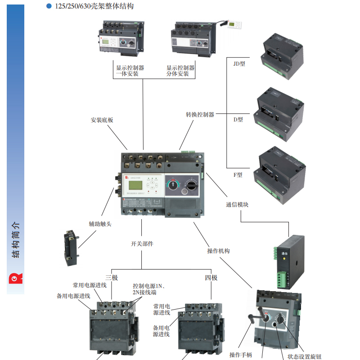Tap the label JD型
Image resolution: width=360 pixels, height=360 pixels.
[239, 63]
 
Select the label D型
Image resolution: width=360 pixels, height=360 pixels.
[238, 120]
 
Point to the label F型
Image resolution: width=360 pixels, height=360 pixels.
[238, 175]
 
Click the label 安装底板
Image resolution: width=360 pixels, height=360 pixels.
[102, 120]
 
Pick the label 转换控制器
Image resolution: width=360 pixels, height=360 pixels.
[200, 115]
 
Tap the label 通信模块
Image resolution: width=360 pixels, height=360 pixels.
[237, 204]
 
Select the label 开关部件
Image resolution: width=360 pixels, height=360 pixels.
[142, 243]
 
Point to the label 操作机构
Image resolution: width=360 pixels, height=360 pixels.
[218, 251]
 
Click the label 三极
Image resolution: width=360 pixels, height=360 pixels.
[112, 278]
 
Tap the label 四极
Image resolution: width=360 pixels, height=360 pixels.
[211, 278]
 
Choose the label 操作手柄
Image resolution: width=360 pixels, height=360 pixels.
[241, 355]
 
